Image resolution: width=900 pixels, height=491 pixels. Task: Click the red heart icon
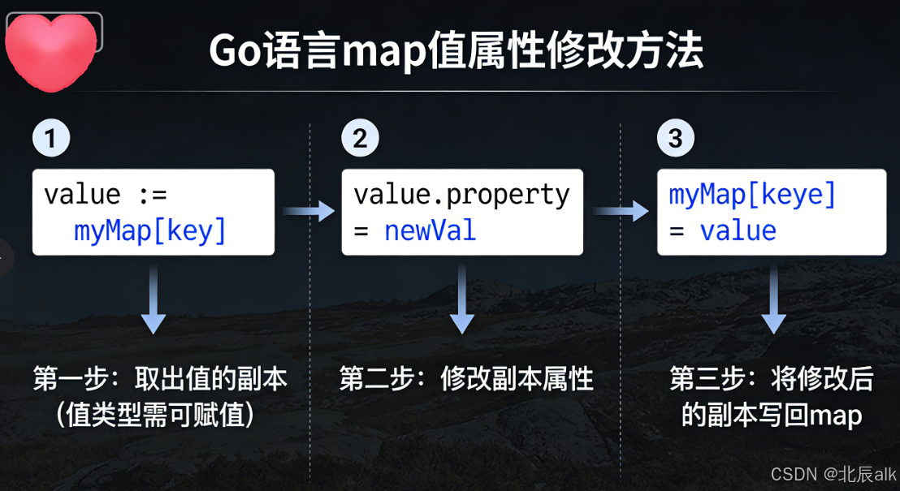click(51, 50)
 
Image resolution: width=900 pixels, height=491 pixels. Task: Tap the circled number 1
click(50, 139)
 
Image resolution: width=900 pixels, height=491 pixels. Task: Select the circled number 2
click(360, 139)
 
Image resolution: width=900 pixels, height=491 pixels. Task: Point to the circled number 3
click(675, 139)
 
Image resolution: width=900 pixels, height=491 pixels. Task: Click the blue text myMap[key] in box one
click(150, 230)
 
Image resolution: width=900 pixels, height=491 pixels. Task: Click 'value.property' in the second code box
click(461, 195)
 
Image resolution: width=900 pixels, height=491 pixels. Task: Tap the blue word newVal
click(430, 230)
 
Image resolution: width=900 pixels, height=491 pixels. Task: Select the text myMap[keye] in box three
click(752, 195)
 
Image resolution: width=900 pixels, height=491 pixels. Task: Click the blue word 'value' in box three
click(738, 230)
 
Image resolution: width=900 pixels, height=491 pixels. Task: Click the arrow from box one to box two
click(309, 212)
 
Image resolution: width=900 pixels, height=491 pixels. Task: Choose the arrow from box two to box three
click(621, 212)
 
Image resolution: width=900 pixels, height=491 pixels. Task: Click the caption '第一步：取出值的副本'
click(160, 380)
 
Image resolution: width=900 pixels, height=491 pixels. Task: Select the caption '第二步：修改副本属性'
click(466, 380)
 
